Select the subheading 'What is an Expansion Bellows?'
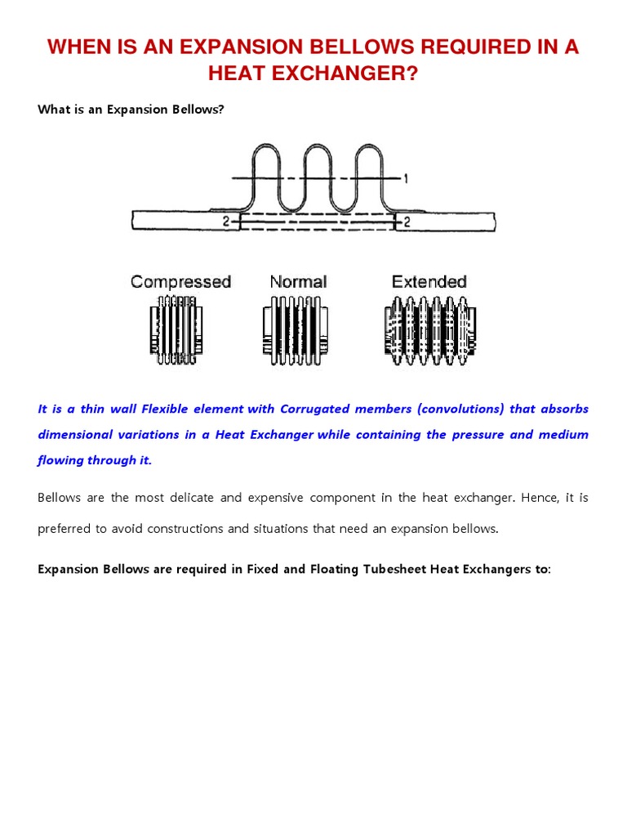(131, 110)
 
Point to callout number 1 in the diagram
(405, 178)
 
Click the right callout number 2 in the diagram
(406, 221)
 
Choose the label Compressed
(180, 282)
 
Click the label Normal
(298, 282)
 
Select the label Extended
(429, 282)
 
